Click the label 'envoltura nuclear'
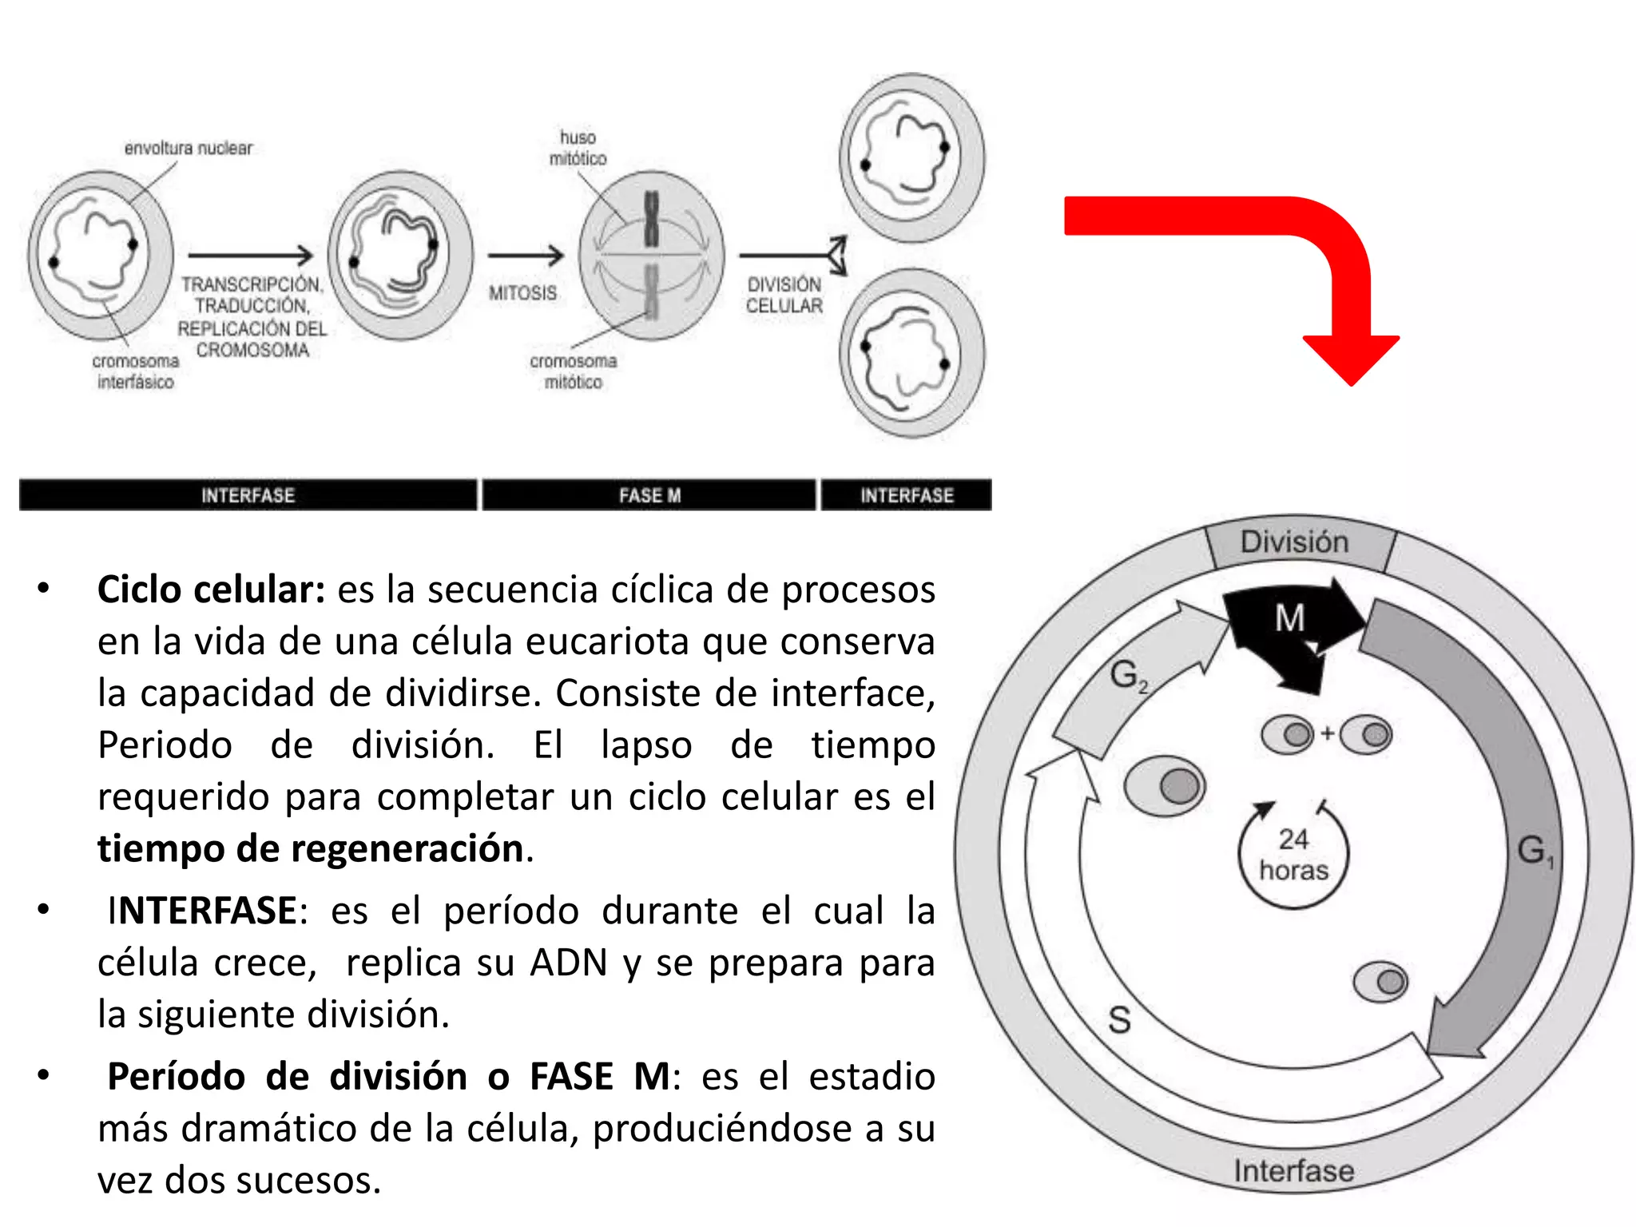click(188, 148)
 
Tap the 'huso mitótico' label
click(578, 149)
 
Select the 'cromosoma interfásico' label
click(135, 371)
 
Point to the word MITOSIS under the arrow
click(522, 293)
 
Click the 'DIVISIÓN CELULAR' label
click(784, 295)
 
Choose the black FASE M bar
click(649, 495)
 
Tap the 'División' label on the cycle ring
click(1294, 542)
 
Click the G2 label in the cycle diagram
click(1127, 676)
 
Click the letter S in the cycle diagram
click(1119, 1020)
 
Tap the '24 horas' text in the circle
click(1293, 855)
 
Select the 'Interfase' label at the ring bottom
click(1293, 1171)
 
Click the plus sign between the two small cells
click(1327, 733)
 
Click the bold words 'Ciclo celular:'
click(211, 590)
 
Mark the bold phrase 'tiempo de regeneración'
click(311, 848)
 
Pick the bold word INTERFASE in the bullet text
click(202, 911)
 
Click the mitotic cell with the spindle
click(651, 256)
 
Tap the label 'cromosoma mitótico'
click(573, 371)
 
